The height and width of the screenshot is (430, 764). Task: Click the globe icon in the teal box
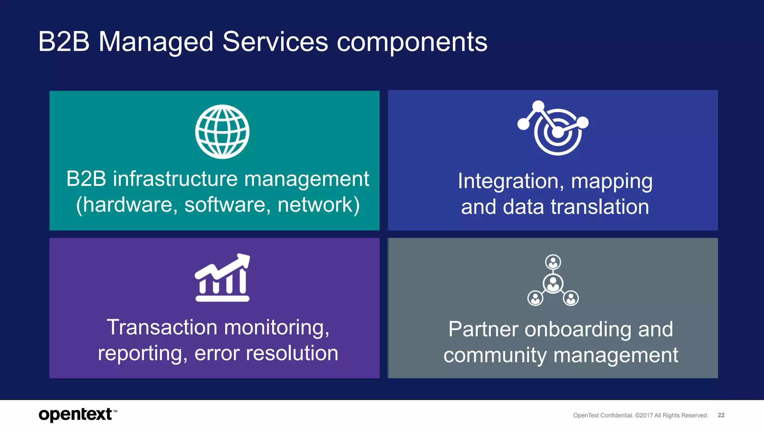[222, 132]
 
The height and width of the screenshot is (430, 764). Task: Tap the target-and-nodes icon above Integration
[554, 128]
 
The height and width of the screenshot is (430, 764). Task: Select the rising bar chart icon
[222, 278]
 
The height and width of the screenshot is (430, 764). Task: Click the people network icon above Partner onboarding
[553, 280]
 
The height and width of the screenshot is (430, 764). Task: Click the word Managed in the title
[156, 42]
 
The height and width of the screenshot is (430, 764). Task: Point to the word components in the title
[412, 42]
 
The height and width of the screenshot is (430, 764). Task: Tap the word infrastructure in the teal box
[175, 179]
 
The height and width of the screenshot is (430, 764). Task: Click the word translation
[599, 207]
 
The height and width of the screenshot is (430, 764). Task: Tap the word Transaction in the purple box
[162, 327]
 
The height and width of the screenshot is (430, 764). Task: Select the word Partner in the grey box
[483, 329]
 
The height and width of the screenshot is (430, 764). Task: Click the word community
[495, 355]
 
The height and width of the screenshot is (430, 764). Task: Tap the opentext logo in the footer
[76, 414]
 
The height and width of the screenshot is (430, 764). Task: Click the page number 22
[721, 415]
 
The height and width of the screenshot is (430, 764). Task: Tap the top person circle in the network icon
[553, 262]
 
